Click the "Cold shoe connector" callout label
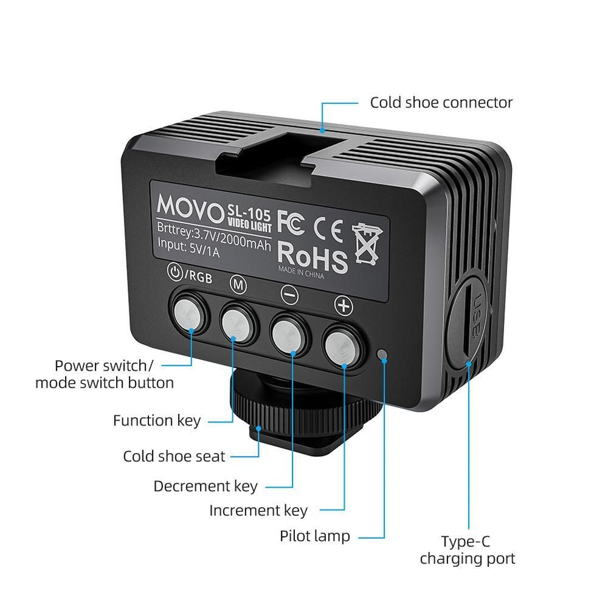coord(441,102)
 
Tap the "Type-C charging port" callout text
coord(466,550)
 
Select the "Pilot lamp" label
coord(314,536)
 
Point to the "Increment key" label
coord(258,510)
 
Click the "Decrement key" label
coord(205,486)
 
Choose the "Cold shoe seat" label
coord(174,456)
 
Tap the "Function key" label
coord(156,420)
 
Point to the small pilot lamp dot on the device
coord(382,354)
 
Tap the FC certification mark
coord(291,221)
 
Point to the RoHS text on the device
coord(313,257)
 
